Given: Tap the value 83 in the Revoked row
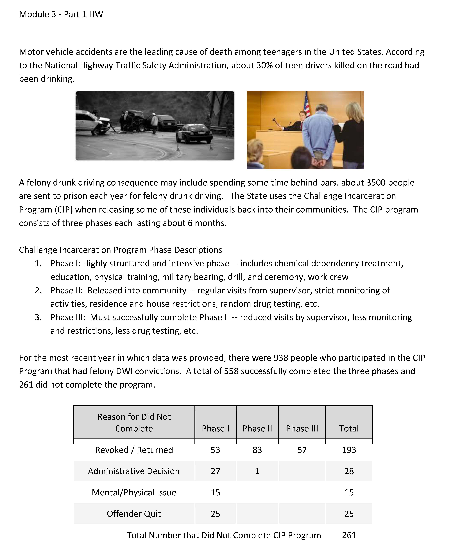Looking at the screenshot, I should (x=257, y=450).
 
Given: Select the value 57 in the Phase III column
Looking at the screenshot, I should (x=302, y=450).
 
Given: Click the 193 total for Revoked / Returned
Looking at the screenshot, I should (x=349, y=450).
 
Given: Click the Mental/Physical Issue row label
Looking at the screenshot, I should (x=134, y=492).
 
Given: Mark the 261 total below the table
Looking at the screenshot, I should (x=349, y=535).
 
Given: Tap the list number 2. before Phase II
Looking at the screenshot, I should (x=38, y=290).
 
